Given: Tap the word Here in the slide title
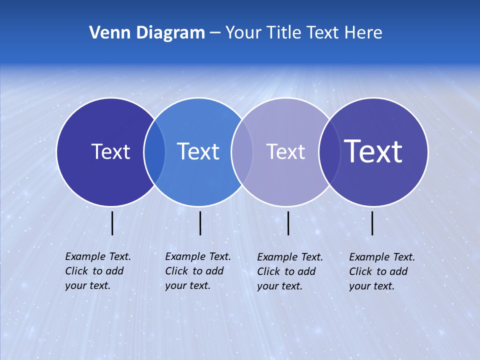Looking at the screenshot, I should click(363, 33).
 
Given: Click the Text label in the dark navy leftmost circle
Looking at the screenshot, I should click(110, 151).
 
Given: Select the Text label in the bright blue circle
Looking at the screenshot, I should click(198, 151).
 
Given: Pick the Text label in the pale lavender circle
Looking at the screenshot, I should click(285, 151).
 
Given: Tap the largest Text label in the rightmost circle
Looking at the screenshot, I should click(373, 151).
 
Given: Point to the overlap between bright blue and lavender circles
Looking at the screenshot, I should click(241, 152).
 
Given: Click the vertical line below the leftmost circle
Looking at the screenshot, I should click(112, 223).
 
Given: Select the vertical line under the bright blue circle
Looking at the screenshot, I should click(200, 223).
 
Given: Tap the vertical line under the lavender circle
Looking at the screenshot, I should click(288, 223).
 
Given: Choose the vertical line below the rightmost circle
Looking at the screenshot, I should click(372, 223).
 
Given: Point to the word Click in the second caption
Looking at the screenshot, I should click(176, 271).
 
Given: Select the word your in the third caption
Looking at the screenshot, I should click(267, 286).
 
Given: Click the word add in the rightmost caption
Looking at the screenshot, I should click(399, 271).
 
